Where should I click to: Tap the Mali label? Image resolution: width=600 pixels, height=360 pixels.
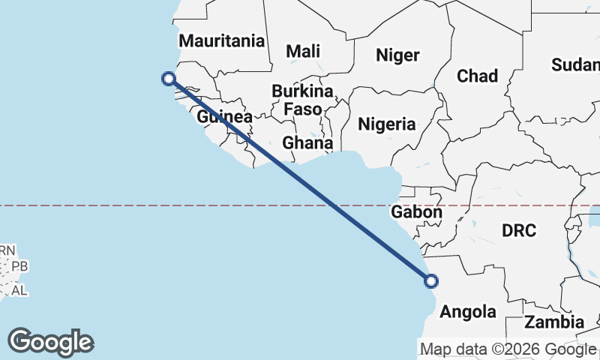(x=303, y=51)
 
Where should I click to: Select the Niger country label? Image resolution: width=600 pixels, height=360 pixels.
(x=397, y=55)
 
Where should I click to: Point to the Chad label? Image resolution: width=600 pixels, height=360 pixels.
(x=477, y=76)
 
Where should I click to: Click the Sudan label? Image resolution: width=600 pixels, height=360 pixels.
(x=574, y=65)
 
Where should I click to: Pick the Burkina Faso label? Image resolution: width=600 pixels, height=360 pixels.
(x=302, y=100)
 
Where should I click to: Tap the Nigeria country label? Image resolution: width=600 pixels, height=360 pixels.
(x=386, y=124)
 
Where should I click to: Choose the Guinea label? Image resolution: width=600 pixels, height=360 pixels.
(x=224, y=117)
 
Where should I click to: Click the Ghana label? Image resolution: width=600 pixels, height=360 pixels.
(x=307, y=142)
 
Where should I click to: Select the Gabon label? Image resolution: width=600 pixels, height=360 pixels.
(x=416, y=212)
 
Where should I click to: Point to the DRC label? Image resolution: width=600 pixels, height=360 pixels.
(x=520, y=230)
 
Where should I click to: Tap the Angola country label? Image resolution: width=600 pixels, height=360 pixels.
(x=468, y=311)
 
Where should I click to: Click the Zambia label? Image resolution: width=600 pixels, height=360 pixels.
(x=554, y=322)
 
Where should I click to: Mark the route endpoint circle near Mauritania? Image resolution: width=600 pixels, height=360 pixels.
(x=169, y=78)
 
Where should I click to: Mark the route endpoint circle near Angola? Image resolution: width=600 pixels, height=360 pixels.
(x=431, y=281)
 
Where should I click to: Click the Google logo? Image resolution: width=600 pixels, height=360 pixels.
(x=51, y=342)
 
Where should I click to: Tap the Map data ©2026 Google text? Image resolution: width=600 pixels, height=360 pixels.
(x=508, y=349)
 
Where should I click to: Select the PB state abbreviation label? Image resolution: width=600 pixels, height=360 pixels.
(x=20, y=266)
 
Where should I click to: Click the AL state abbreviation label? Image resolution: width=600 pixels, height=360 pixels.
(x=20, y=290)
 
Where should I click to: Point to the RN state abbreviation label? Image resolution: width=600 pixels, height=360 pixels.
(x=8, y=250)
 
